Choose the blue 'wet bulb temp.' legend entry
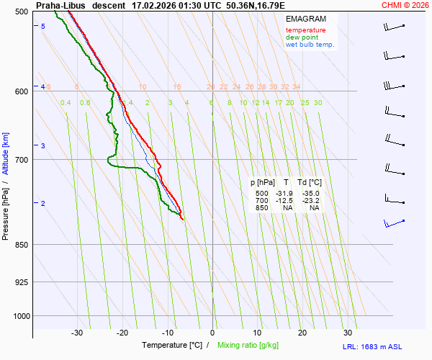point(310,45)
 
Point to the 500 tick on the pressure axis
point(21,12)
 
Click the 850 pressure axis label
point(21,245)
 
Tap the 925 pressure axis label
point(21,282)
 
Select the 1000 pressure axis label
point(19,316)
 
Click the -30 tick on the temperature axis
point(78,333)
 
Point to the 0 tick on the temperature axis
point(212,333)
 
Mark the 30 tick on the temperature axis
point(348,333)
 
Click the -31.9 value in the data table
point(285,194)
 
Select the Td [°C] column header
point(308,183)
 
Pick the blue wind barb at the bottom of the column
point(394,223)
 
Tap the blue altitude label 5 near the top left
point(42,27)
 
